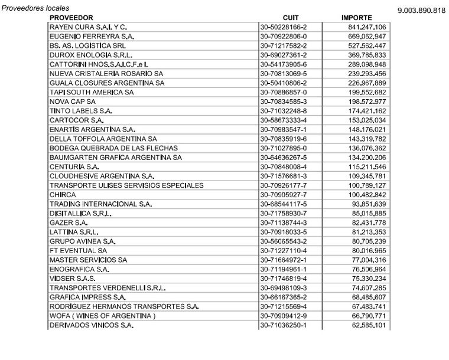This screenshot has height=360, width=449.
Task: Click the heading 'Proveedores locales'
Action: point(35,8)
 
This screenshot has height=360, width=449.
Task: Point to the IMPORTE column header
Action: point(356,18)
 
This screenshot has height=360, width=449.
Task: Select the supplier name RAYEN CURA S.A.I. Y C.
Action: point(89,27)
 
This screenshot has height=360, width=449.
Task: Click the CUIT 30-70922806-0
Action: point(283,36)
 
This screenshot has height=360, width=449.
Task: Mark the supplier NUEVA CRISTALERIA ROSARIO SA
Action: point(105,74)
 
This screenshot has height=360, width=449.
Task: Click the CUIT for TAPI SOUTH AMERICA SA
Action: point(283,92)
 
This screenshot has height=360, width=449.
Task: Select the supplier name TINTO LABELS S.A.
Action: point(81,111)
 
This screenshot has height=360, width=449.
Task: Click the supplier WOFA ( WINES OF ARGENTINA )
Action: point(102,316)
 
